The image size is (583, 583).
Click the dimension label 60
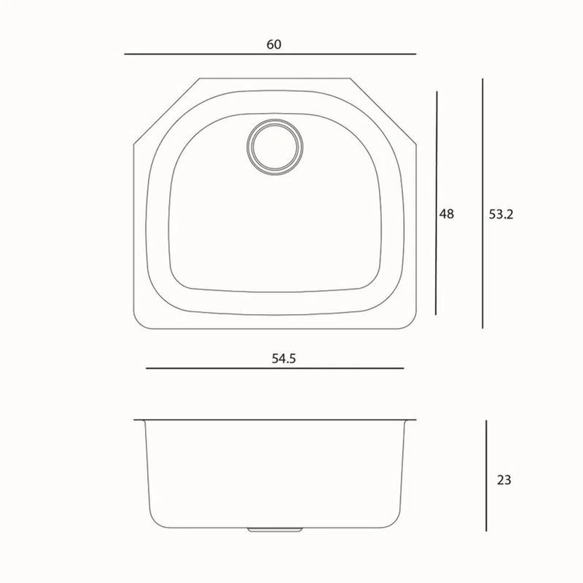pos(274,44)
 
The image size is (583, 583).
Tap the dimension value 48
pos(447,214)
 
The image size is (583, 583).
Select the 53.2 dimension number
pos(501,214)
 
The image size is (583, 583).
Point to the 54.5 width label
pos(283,359)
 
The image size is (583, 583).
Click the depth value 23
pos(504,480)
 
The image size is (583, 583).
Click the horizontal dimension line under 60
pos(270,54)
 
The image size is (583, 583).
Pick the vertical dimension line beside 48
pos(437,203)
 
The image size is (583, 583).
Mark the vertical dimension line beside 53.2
pos(482,203)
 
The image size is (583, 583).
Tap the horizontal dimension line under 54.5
pos(275,368)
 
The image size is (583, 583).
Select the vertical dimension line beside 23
pos(486,476)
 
